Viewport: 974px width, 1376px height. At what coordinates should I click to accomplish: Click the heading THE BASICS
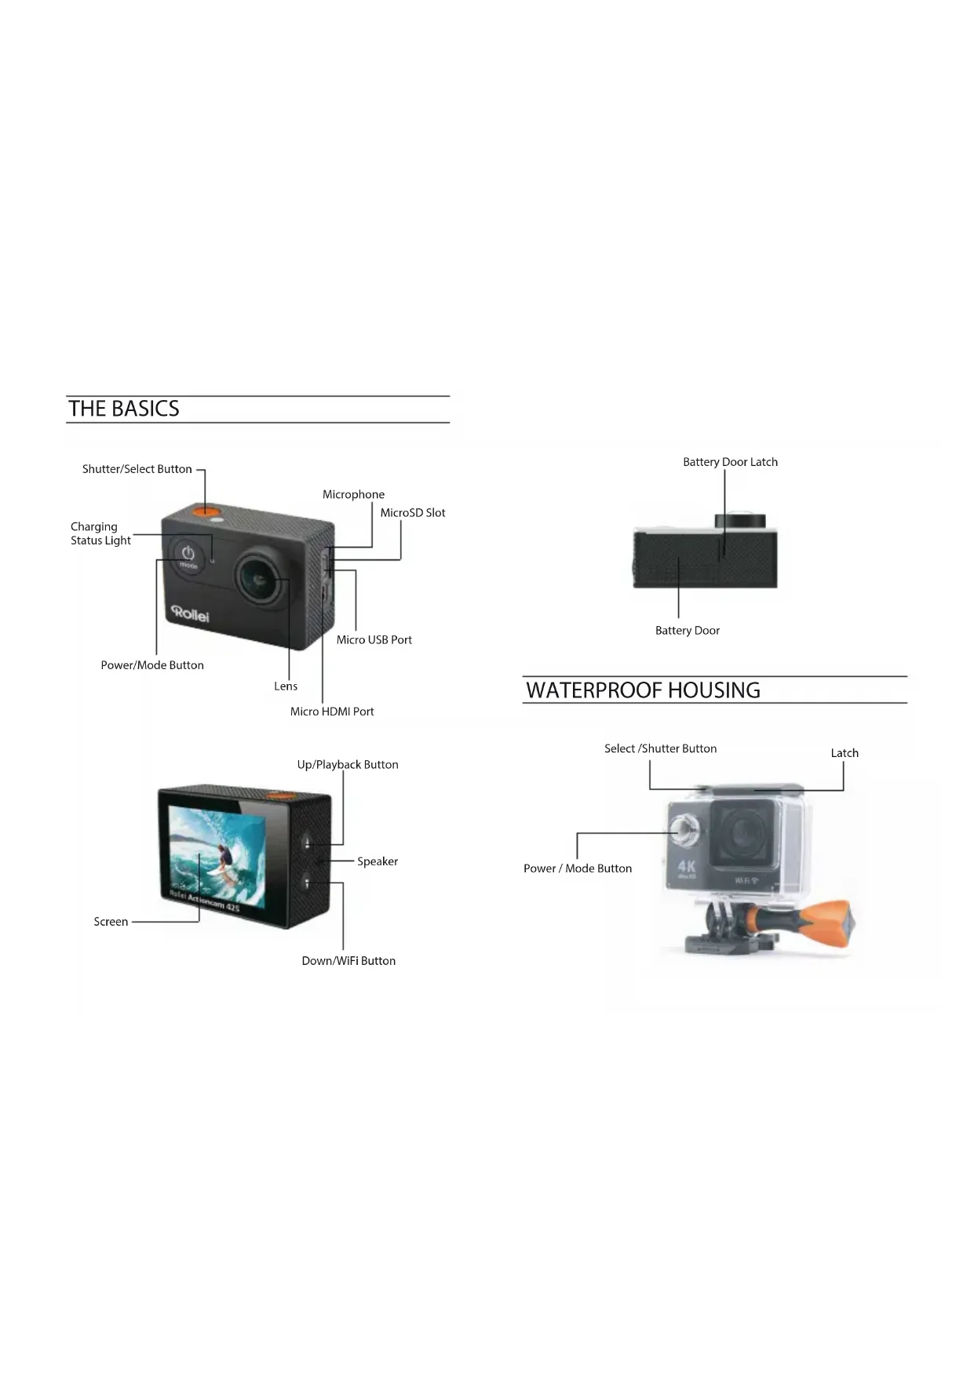[124, 409]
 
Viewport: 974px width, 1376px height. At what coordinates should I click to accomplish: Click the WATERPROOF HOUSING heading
[643, 690]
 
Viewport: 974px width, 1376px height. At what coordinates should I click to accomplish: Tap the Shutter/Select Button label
[137, 469]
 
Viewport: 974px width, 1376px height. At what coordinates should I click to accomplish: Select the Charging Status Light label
[100, 533]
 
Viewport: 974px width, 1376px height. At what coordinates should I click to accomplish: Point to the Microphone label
[353, 494]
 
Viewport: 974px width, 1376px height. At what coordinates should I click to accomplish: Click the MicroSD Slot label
[413, 513]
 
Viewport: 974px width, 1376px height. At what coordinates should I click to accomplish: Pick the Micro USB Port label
[374, 640]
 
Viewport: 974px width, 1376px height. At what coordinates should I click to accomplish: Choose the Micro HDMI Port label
[332, 712]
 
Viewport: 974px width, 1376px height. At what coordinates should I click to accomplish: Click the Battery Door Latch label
[730, 462]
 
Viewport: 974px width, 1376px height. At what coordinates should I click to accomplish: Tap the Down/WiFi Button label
[348, 961]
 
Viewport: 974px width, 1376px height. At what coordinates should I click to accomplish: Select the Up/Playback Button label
[348, 765]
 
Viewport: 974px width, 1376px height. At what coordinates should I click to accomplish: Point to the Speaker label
[378, 861]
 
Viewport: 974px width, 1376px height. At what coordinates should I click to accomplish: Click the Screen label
[111, 922]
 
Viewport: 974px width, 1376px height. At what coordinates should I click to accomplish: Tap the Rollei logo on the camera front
[191, 613]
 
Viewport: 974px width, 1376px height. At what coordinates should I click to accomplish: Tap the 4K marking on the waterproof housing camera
[687, 867]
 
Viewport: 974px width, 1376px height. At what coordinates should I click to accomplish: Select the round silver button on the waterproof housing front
[684, 828]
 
